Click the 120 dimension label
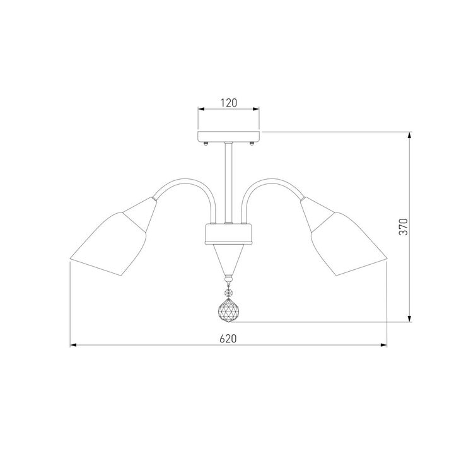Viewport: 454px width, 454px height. pyautogui.click(x=229, y=103)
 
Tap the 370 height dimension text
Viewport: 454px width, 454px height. pyautogui.click(x=404, y=227)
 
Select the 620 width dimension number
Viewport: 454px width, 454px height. pyautogui.click(x=228, y=339)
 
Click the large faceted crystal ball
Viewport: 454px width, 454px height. pyautogui.click(x=228, y=311)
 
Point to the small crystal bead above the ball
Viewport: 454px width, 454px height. pyautogui.click(x=229, y=293)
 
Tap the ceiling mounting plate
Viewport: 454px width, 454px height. pyautogui.click(x=228, y=136)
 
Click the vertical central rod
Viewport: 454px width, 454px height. pyautogui.click(x=228, y=182)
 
